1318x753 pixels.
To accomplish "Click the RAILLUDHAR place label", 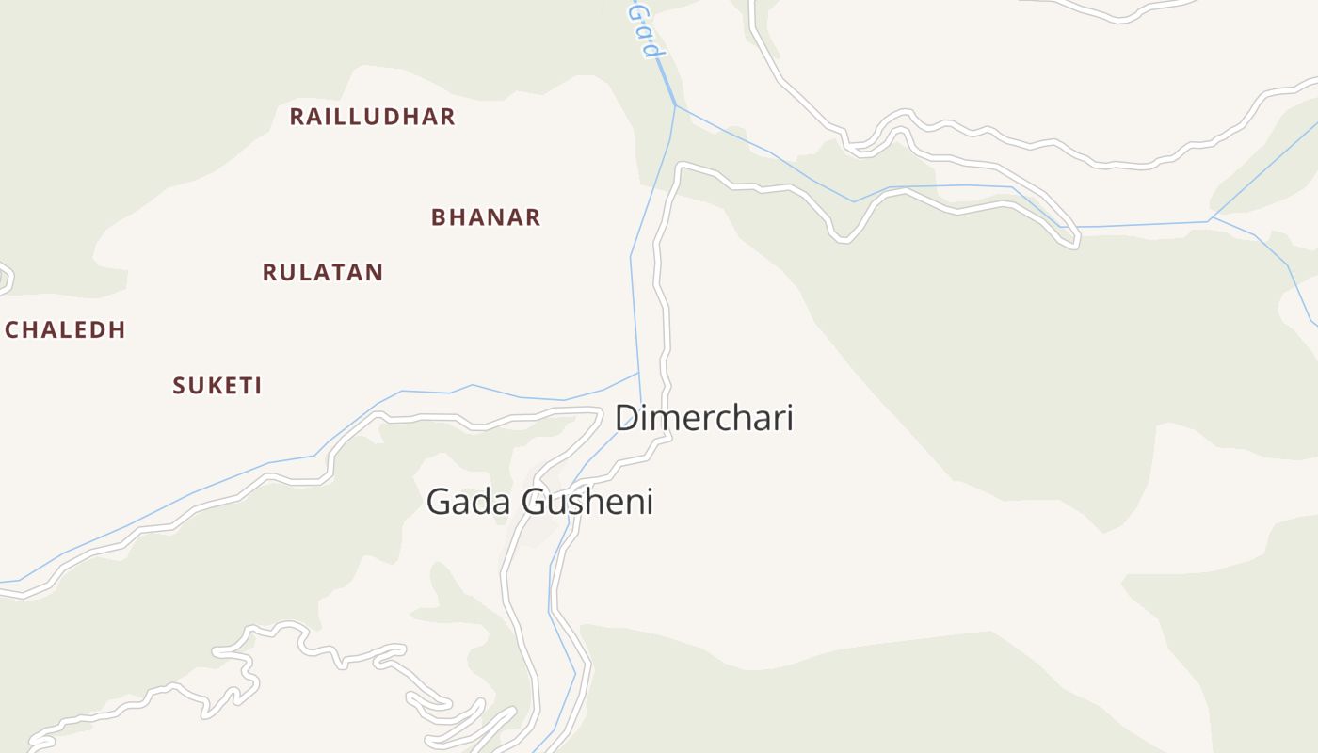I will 372,117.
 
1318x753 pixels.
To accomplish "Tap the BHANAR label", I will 486,217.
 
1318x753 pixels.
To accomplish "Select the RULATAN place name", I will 323,273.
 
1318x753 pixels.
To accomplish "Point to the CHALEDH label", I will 65,330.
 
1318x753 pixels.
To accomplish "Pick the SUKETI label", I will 217,386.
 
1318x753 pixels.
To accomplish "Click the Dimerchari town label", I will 703,418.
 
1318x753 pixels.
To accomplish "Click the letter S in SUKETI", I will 179,386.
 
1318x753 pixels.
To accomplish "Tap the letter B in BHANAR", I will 438,217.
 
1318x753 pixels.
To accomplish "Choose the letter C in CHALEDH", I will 12,330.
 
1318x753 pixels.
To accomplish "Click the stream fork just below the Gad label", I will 675,105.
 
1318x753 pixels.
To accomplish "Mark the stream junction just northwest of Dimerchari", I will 639,373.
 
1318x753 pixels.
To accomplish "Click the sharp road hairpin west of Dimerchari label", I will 599,410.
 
